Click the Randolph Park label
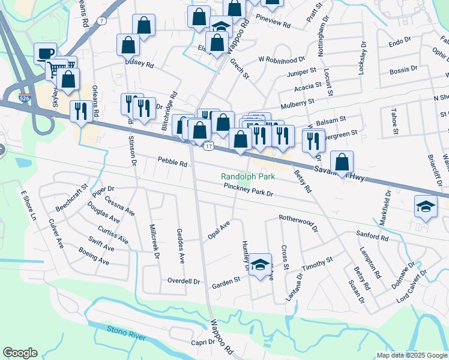tap(248, 177)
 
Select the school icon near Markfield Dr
tap(426, 207)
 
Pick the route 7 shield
tap(103, 21)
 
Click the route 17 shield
tap(208, 146)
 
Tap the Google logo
tap(20, 352)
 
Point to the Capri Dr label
tap(202, 342)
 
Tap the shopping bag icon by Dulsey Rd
tap(128, 44)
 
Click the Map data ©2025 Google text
tap(411, 355)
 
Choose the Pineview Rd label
tap(273, 26)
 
